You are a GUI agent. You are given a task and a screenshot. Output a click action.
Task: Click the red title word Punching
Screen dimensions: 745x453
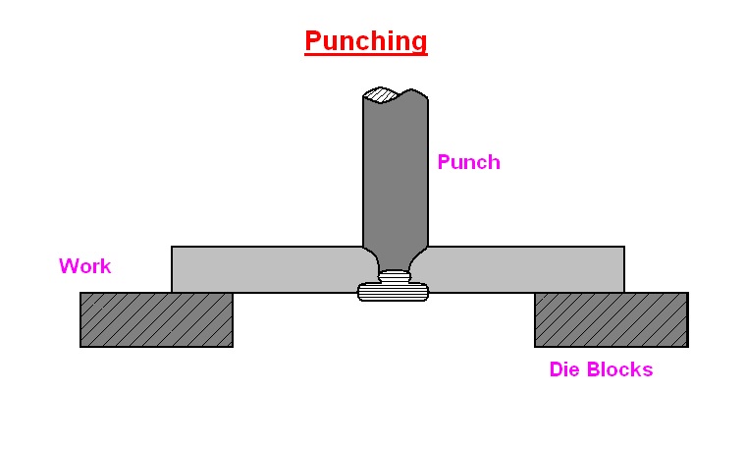tap(366, 41)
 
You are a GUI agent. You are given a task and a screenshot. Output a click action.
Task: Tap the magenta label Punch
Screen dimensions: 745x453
tap(468, 163)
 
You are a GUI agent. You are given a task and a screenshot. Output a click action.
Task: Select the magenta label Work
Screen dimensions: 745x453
tap(85, 266)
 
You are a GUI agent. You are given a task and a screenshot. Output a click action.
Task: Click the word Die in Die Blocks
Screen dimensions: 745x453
tap(564, 369)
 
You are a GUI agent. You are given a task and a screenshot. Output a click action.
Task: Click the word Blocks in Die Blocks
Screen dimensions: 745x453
tap(620, 369)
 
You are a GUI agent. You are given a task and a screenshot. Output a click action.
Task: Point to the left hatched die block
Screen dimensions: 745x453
tap(156, 319)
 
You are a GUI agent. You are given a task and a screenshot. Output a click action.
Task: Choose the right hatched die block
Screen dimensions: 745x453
tap(612, 319)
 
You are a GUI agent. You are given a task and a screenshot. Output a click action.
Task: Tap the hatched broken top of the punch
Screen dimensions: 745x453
tap(380, 94)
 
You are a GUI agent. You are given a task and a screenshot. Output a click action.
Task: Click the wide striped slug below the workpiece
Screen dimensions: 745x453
tap(393, 292)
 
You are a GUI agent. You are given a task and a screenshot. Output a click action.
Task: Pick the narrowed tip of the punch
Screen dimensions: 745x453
tap(395, 260)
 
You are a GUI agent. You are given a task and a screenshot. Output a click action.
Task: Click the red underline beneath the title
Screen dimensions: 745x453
tap(366, 55)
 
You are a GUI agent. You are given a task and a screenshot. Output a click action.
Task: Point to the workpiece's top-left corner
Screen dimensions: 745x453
tap(172, 247)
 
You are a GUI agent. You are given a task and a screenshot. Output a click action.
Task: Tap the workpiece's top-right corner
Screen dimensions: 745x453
tap(624, 247)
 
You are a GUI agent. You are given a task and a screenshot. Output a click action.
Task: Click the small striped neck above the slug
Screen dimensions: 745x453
tap(395, 276)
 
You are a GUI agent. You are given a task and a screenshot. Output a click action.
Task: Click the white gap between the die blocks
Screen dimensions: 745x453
tap(384, 324)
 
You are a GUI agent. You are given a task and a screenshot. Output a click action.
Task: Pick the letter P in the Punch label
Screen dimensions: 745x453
tap(444, 162)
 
